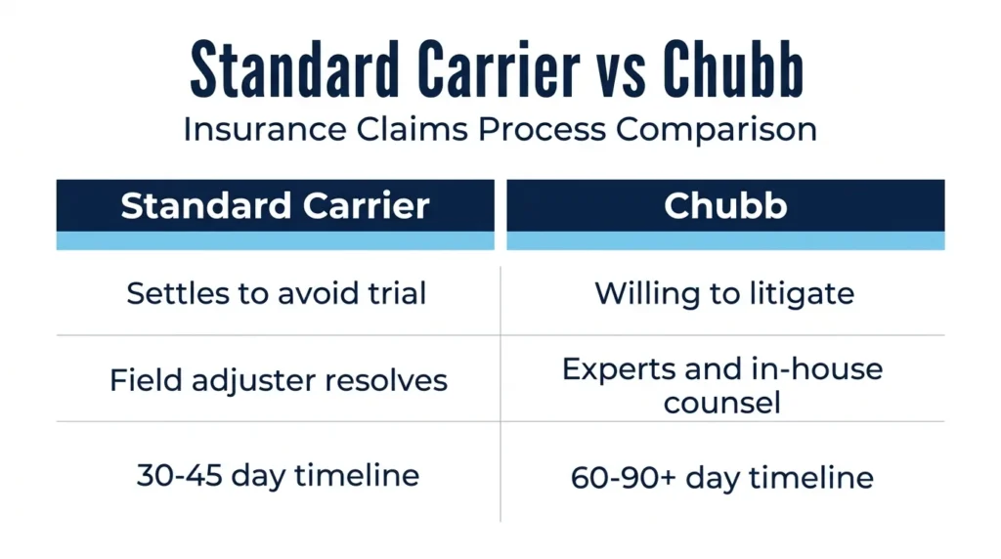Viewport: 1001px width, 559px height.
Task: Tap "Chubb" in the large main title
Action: tap(733, 69)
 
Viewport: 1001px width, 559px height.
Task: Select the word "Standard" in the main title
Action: tap(294, 69)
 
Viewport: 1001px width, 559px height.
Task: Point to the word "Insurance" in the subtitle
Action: tap(265, 130)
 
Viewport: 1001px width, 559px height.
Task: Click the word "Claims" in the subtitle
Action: tap(412, 130)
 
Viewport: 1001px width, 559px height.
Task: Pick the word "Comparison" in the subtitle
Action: tap(717, 131)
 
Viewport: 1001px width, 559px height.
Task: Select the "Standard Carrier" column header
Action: tap(275, 205)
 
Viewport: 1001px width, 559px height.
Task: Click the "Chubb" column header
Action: tap(725, 205)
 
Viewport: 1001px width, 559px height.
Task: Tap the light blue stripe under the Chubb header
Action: tap(725, 240)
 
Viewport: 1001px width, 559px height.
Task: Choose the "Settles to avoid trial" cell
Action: tap(277, 293)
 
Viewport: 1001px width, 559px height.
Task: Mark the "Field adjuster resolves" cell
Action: tap(279, 381)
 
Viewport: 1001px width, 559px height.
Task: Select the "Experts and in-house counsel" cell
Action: tap(722, 385)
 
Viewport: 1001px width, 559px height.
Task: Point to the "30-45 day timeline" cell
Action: tap(278, 476)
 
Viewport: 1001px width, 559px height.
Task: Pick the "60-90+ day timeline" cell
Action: tap(722, 478)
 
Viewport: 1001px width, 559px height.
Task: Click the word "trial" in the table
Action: tap(397, 293)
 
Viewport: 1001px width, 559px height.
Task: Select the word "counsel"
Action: tap(721, 403)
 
